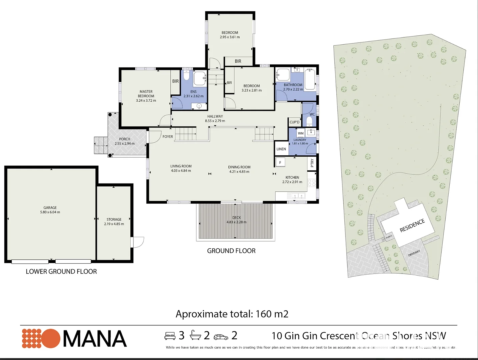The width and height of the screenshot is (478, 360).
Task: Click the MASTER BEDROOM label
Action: pyautogui.click(x=146, y=94)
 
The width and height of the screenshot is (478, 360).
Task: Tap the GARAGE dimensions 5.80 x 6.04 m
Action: pyautogui.click(x=50, y=212)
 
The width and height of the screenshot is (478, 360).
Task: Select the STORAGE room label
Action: pyautogui.click(x=114, y=219)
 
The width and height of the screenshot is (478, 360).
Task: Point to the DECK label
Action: pyautogui.click(x=236, y=218)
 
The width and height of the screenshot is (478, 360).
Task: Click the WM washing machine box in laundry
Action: pyautogui.click(x=301, y=133)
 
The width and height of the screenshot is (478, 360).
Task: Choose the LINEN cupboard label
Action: pyautogui.click(x=281, y=149)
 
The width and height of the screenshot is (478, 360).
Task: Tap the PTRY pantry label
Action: pyautogui.click(x=312, y=163)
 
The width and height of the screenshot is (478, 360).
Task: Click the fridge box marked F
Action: pyautogui.click(x=280, y=162)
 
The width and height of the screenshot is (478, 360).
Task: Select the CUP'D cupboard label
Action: pyautogui.click(x=294, y=122)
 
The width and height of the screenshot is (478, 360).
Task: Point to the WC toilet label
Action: pyautogui.click(x=312, y=114)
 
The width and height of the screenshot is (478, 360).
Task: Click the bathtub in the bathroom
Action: pyautogui.click(x=310, y=79)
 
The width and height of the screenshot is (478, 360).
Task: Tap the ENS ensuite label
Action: pyautogui.click(x=193, y=92)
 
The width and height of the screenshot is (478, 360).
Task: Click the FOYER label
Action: pyautogui.click(x=168, y=137)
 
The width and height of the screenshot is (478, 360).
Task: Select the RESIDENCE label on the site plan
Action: pyautogui.click(x=412, y=226)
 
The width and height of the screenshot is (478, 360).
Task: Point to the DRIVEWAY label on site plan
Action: pyautogui.click(x=414, y=253)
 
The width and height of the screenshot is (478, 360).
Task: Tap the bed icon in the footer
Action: pyautogui.click(x=170, y=336)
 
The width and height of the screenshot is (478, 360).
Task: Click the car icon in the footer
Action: pyautogui.click(x=221, y=337)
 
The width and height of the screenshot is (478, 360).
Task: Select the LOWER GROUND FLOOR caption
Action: pyautogui.click(x=61, y=272)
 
